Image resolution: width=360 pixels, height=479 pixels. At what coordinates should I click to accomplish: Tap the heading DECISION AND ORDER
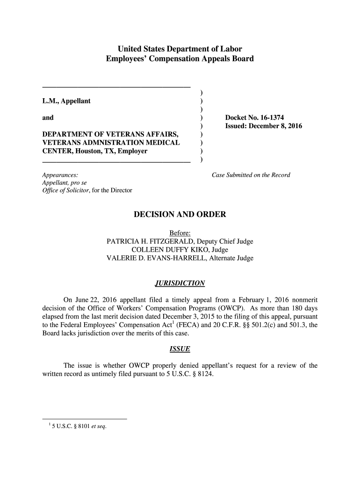(x=180, y=215)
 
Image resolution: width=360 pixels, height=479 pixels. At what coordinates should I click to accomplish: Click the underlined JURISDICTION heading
(x=180, y=283)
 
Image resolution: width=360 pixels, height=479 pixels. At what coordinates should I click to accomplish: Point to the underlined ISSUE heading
(x=180, y=349)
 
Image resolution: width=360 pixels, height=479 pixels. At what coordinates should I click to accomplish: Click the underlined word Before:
(x=180, y=233)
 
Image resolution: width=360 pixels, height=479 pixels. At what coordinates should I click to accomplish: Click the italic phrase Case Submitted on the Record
(x=251, y=175)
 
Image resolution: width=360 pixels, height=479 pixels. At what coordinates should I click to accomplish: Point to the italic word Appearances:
(x=57, y=175)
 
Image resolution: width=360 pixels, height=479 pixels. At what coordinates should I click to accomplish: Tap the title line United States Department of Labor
(x=180, y=49)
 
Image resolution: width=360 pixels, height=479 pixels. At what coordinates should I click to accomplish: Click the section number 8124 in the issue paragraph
(x=205, y=374)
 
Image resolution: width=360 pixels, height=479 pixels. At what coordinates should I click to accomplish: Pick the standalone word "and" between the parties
(x=48, y=117)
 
